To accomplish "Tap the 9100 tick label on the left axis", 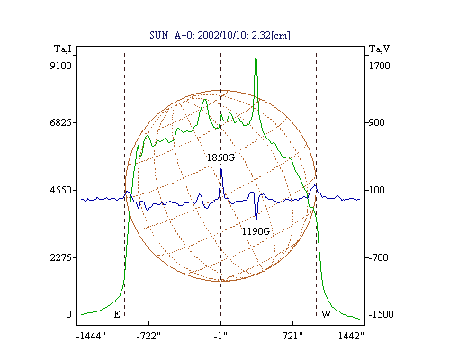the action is [x=60, y=66].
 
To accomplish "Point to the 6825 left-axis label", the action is [x=60, y=122].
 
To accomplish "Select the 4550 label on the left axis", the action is [x=60, y=190].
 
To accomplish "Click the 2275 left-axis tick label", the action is [x=60, y=257].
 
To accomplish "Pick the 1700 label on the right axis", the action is [x=379, y=66].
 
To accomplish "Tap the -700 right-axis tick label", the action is [x=379, y=257].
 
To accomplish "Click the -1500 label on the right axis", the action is [x=381, y=314].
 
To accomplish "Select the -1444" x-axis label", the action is [x=91, y=337].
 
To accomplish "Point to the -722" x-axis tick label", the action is [x=148, y=337].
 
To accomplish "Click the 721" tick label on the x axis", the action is [x=292, y=337].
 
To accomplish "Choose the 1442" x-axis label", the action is [x=351, y=337].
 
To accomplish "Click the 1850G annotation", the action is [x=220, y=157].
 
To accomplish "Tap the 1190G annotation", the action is [x=256, y=231].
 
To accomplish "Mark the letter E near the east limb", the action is [x=117, y=314].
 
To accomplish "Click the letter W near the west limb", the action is [x=326, y=314].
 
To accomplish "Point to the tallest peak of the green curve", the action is [x=256, y=57].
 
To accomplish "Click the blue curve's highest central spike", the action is [x=221, y=169].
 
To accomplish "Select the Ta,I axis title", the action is [x=63, y=49].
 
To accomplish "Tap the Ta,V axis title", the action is [x=379, y=49].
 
